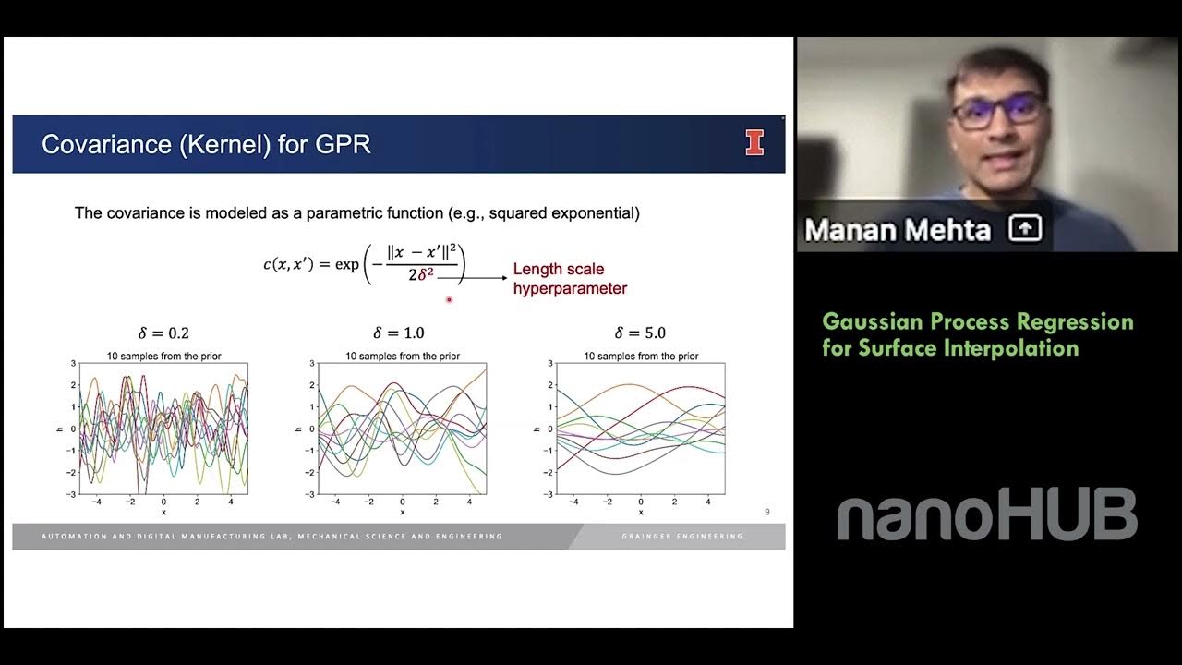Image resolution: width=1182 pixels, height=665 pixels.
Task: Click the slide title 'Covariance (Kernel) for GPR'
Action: (206, 144)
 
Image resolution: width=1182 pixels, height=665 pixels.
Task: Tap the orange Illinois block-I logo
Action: (754, 143)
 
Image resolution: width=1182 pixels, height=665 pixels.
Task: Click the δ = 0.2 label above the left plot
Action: (163, 333)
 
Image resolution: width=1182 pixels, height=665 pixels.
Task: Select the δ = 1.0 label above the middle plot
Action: (399, 333)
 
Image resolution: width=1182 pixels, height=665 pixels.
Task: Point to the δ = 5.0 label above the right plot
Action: (640, 333)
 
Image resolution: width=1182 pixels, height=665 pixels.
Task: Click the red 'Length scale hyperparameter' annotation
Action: (570, 279)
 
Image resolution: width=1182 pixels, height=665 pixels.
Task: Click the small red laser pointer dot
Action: (449, 299)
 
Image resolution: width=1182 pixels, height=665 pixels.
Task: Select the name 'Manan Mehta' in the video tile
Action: (897, 229)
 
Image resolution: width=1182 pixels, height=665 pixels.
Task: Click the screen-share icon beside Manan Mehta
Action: (1025, 228)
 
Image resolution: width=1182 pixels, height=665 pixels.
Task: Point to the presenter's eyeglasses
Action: (999, 111)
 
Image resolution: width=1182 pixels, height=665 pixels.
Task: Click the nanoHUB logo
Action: (986, 515)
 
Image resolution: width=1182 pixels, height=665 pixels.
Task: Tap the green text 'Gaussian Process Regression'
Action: (978, 322)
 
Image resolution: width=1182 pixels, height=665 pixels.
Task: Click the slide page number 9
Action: (766, 512)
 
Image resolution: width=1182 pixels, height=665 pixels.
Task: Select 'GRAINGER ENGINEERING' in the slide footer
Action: (682, 537)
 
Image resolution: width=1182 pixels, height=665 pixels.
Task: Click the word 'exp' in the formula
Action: (347, 265)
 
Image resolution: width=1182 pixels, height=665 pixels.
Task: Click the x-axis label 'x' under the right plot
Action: (640, 512)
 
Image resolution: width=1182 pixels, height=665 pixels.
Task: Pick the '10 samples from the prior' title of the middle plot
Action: (403, 357)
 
